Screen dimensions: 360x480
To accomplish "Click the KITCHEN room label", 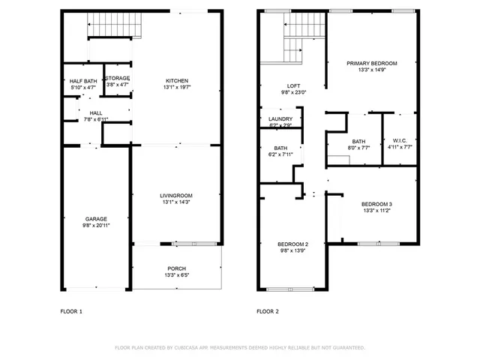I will point(177,81).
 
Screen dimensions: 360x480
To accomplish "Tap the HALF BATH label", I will point(82,81).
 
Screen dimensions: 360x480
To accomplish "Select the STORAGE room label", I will point(117,78).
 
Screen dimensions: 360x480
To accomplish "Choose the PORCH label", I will point(177,268).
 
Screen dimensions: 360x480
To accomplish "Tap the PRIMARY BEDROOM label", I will point(371,64).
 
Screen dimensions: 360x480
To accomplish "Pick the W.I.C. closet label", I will point(399,141).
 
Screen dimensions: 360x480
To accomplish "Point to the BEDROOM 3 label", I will point(376,204).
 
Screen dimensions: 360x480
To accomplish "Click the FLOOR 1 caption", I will point(71,310).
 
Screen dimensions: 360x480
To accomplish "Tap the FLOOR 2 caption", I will point(268,310).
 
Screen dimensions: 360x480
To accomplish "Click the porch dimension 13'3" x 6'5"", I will point(177,275).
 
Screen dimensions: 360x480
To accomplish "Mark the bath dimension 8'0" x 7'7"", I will point(358,148).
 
